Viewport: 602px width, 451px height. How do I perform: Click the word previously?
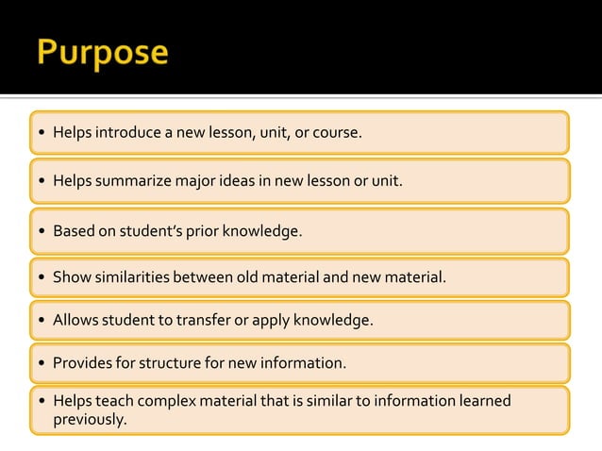click(x=90, y=419)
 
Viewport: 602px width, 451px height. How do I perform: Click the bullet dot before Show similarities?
click(x=42, y=277)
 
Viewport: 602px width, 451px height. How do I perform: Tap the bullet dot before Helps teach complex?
click(x=42, y=401)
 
